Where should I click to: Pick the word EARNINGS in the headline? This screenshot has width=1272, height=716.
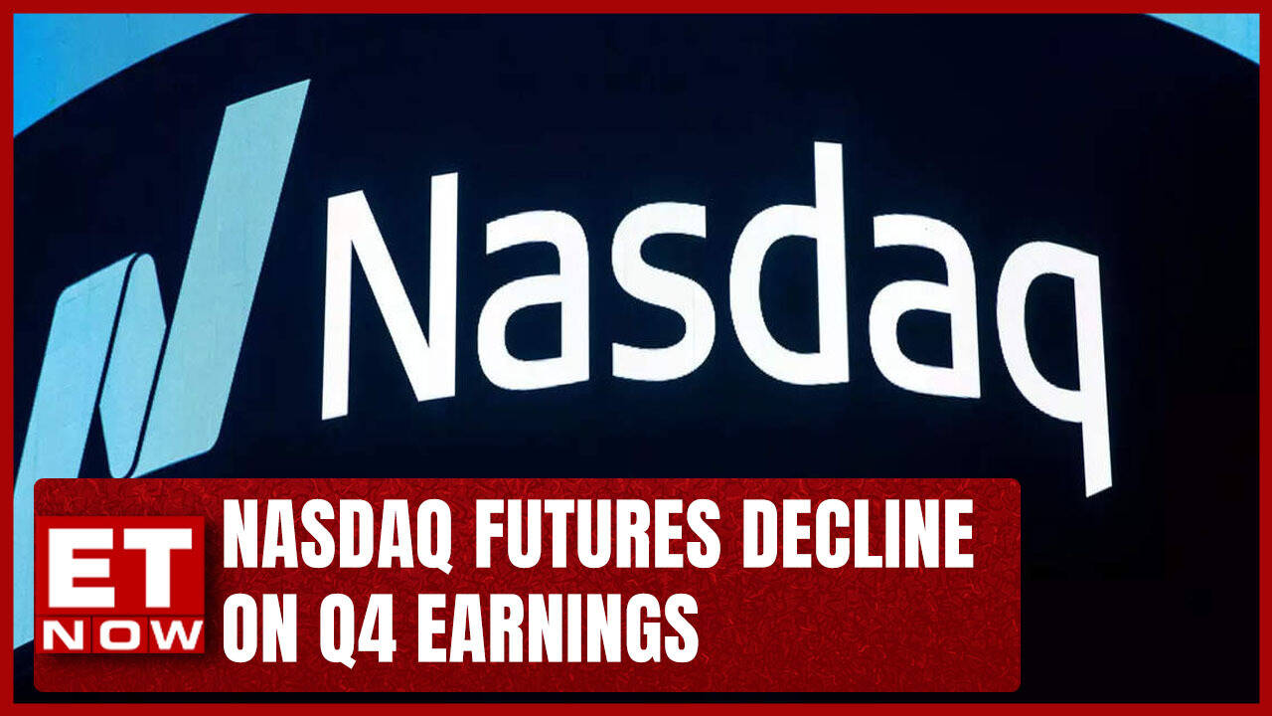[x=558, y=628]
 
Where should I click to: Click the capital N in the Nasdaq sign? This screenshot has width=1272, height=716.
[x=390, y=296]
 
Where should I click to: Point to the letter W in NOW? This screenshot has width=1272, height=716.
[x=176, y=634]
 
